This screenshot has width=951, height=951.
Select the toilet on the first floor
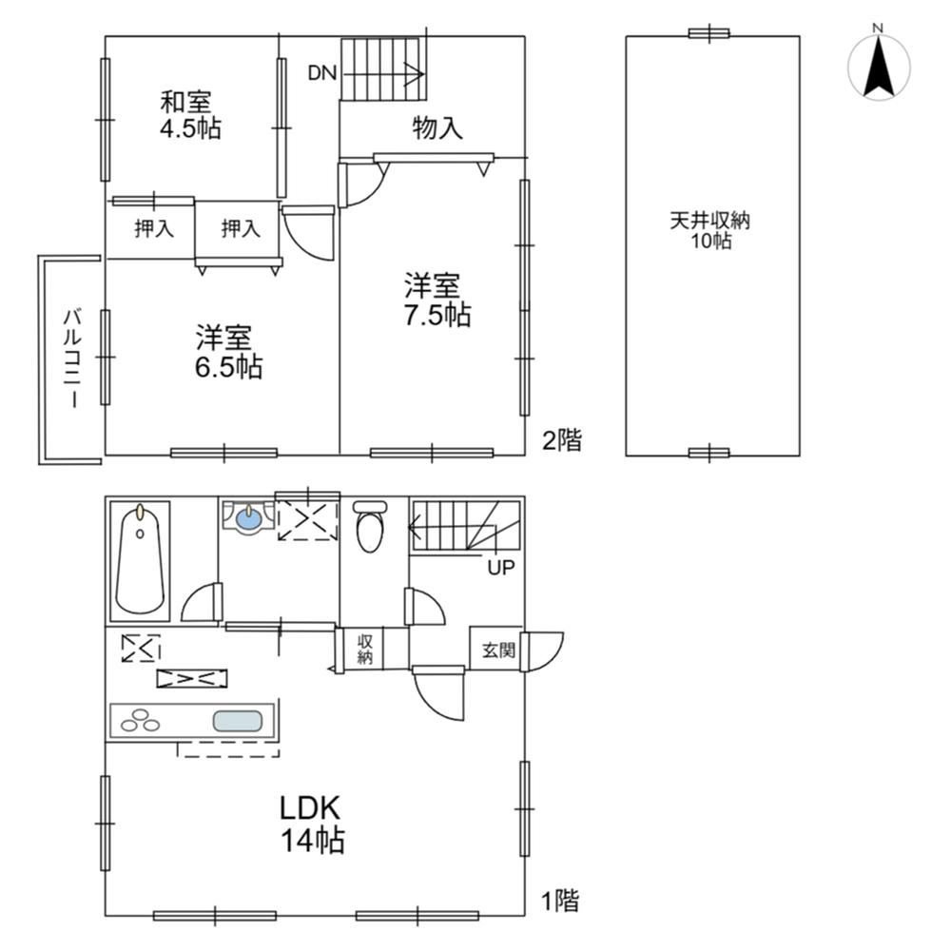pyautogui.click(x=369, y=525)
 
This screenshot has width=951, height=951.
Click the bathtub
pyautogui.click(x=140, y=560)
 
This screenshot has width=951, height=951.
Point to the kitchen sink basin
pyautogui.click(x=237, y=721)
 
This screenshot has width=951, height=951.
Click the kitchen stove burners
pyautogui.click(x=140, y=720)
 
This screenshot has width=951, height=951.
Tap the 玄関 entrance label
pyautogui.click(x=498, y=650)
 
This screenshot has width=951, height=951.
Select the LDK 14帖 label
pyautogui.click(x=312, y=824)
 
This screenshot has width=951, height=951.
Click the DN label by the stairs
pyautogui.click(x=322, y=73)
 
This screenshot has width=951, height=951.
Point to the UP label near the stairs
pyautogui.click(x=501, y=568)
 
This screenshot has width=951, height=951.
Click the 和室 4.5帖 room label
pyautogui.click(x=190, y=115)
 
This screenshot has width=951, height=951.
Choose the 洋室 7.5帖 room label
pyautogui.click(x=437, y=300)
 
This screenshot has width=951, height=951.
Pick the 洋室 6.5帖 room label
pyautogui.click(x=228, y=353)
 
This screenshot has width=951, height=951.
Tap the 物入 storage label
pyautogui.click(x=437, y=128)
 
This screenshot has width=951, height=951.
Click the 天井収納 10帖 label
pyautogui.click(x=710, y=230)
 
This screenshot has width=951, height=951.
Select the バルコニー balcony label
pyautogui.click(x=73, y=359)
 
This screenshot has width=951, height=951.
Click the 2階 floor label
pyautogui.click(x=562, y=439)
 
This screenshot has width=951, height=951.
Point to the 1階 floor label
pyautogui.click(x=560, y=901)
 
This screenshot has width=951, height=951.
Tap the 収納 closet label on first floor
pyautogui.click(x=364, y=649)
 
